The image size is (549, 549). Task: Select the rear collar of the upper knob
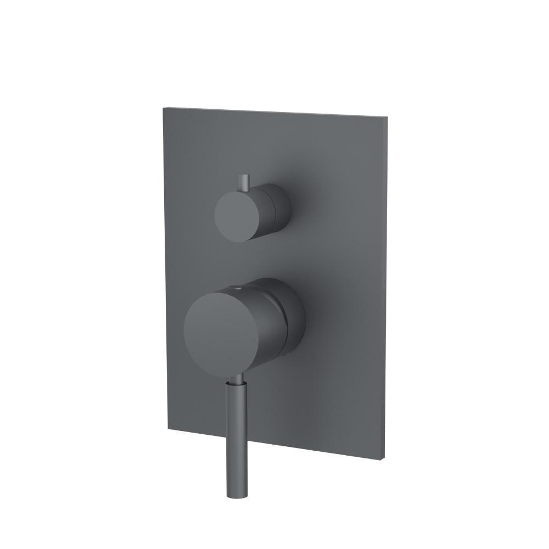[x=280, y=209]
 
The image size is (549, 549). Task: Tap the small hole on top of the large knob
[x=237, y=286]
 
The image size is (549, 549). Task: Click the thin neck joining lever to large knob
[x=237, y=379]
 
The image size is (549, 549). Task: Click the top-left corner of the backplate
[x=163, y=108]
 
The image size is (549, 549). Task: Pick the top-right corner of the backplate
[x=389, y=116]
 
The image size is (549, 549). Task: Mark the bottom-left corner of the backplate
[x=167, y=430]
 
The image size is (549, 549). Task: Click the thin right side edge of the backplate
[x=387, y=285]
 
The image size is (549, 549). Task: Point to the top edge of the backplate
[x=274, y=111]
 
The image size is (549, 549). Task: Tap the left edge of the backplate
[x=165, y=269]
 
